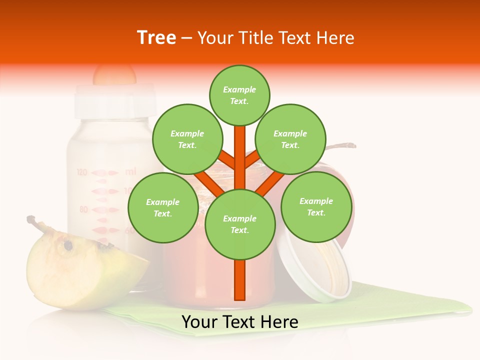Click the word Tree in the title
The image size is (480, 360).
pos(156,37)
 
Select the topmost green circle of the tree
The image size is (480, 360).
pos(239,95)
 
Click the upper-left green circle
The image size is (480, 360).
pos(187,139)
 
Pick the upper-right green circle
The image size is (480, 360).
pos(290,139)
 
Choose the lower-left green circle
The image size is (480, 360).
pos(162,207)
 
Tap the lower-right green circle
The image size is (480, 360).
pos(316,206)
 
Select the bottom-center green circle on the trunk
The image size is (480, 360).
pos(240,224)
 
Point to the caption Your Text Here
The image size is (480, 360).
pos(240,322)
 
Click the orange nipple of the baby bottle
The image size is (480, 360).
pos(114,75)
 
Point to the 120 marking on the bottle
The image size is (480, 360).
pos(82,172)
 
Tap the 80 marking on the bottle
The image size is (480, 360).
pos(83,209)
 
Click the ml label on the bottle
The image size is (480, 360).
pos(130,171)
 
